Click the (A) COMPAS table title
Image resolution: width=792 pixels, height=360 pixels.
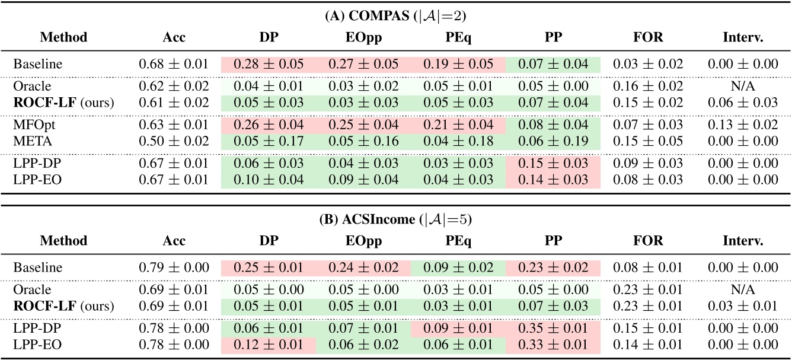[395, 16]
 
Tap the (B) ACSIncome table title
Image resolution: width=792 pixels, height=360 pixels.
[395, 219]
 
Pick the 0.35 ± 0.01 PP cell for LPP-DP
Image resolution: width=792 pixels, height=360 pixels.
[551, 329]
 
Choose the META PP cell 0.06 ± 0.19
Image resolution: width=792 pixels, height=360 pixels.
[551, 141]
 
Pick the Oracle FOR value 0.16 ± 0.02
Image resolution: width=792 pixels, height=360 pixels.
[647, 87]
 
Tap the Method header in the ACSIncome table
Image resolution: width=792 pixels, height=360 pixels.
[63, 241]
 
